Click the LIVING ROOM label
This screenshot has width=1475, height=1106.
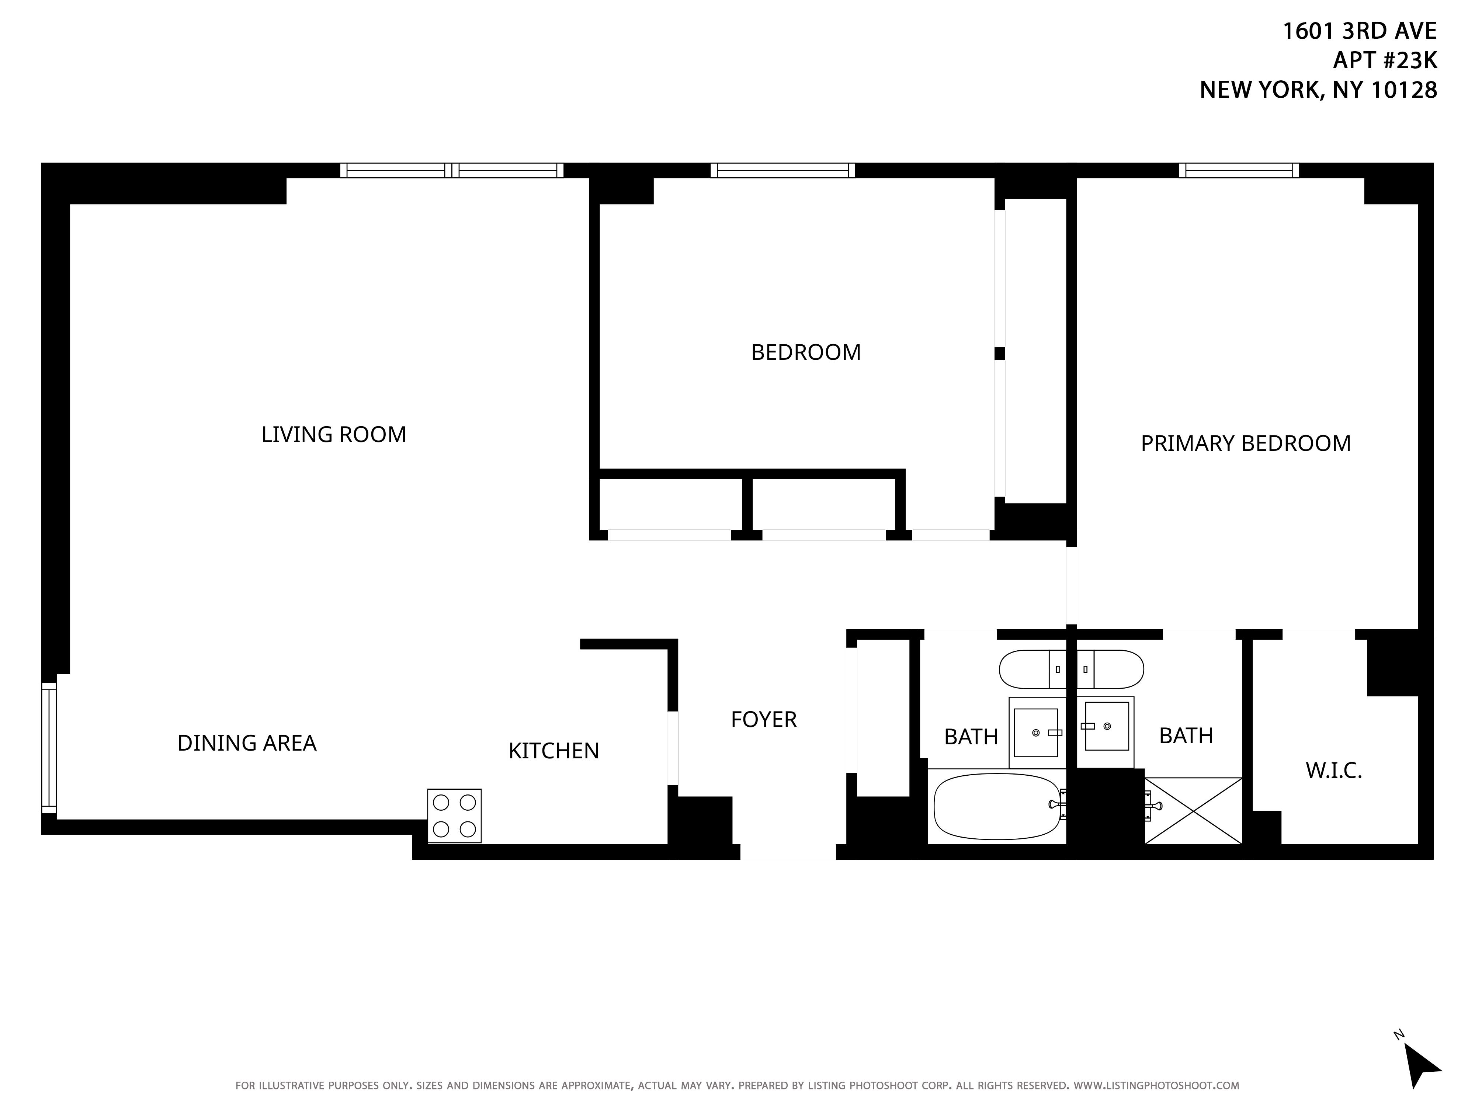pyautogui.click(x=333, y=435)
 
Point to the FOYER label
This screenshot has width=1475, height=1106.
pyautogui.click(x=764, y=719)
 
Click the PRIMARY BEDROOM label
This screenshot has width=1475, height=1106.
pyautogui.click(x=1246, y=444)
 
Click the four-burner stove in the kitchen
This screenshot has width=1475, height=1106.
pyautogui.click(x=454, y=816)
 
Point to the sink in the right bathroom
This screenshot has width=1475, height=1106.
pyautogui.click(x=1106, y=733)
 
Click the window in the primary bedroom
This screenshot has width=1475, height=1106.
pyautogui.click(x=1239, y=171)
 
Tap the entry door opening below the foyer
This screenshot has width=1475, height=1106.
pyautogui.click(x=788, y=851)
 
